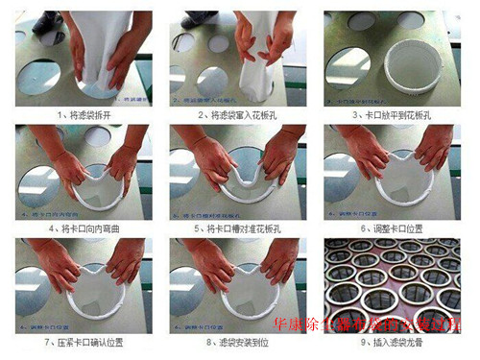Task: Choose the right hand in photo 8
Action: coord(278,264)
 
